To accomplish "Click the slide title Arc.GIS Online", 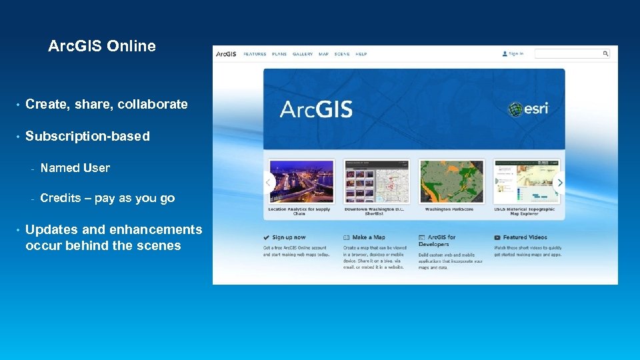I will tap(102, 46).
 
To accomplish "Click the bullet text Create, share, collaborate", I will tap(106, 104).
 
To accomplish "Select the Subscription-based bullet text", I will tap(87, 136).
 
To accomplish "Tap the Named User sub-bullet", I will tap(75, 168).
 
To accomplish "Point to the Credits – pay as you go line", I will tap(107, 198).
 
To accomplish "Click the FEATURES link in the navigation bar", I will tap(255, 54).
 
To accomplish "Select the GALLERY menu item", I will tap(303, 54).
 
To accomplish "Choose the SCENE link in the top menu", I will tap(342, 54).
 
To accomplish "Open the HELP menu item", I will tap(361, 54).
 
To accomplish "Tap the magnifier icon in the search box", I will tap(606, 54).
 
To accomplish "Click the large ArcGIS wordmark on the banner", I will tap(316, 109).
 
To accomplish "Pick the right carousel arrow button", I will tap(559, 182).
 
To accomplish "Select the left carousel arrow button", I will tap(269, 182).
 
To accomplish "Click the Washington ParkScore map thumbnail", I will tap(451, 182).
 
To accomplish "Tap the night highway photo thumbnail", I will tap(301, 182).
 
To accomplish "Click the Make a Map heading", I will tap(369, 237).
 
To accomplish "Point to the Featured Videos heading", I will tap(525, 237).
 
